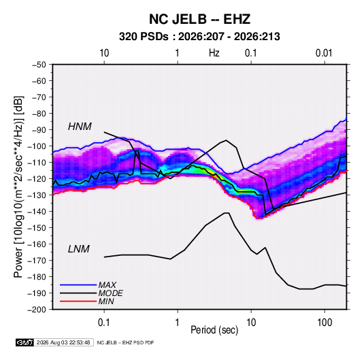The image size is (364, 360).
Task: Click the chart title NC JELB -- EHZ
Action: point(199,19)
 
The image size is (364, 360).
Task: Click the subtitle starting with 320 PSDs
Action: point(199,37)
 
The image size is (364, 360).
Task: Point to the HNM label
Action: point(80,127)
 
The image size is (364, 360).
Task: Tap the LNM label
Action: point(79,249)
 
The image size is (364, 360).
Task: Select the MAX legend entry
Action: point(107,285)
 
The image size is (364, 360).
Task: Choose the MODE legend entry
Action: point(110,293)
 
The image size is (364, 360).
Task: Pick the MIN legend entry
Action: point(106,301)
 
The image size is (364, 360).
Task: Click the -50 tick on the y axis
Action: point(39,65)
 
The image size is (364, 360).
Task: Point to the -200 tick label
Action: point(37,310)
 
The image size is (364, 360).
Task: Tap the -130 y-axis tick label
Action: point(37,195)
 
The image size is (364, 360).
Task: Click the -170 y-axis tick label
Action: point(37,261)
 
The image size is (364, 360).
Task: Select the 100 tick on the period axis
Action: point(325,323)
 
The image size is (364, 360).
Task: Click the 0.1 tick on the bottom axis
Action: point(104,323)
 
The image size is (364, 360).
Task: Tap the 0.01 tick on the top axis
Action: point(324,53)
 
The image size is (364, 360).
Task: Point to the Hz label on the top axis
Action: point(214,53)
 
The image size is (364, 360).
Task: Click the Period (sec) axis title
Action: point(214,330)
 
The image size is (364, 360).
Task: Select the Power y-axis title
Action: point(18,187)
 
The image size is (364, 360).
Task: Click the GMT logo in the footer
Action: point(25,342)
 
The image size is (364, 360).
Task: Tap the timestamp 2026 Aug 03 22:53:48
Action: point(63,342)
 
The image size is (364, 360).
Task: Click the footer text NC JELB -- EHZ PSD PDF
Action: point(125,342)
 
